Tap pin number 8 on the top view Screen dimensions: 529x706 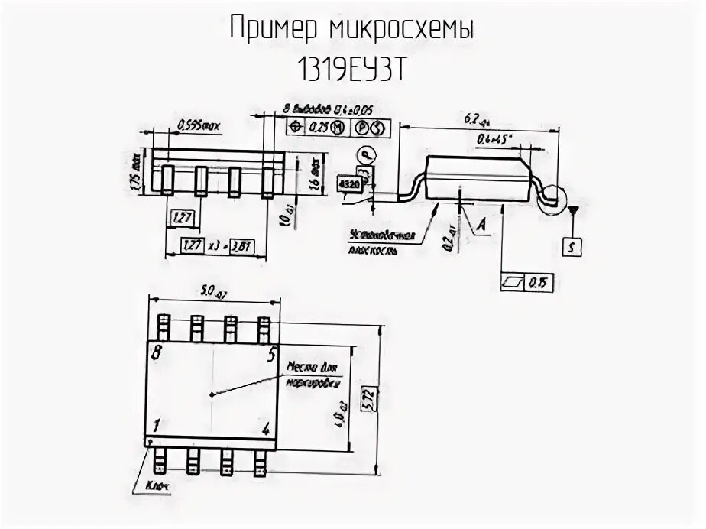pos(157,354)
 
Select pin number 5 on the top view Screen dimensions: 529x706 pos(270,354)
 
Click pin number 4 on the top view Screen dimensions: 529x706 pos(266,428)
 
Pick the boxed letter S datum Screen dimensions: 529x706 pos(572,246)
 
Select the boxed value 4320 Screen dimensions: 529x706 pos(348,185)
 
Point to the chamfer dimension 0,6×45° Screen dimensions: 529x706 pos(494,139)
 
